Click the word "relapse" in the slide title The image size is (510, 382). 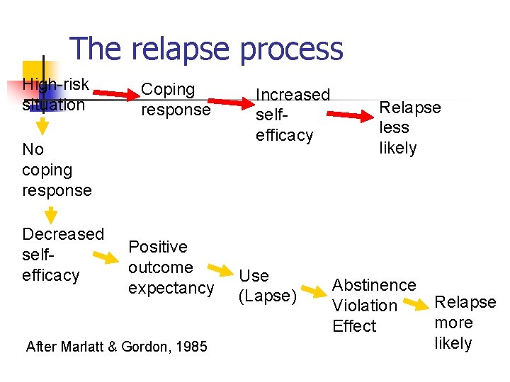pyautogui.click(x=181, y=49)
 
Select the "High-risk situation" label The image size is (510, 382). pyautogui.click(x=55, y=95)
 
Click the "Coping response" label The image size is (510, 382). pyautogui.click(x=175, y=100)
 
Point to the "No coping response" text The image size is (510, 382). pyautogui.click(x=57, y=170)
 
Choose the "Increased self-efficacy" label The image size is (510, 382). pyautogui.click(x=293, y=115)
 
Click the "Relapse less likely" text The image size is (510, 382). pyautogui.click(x=409, y=128)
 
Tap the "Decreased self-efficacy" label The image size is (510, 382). pyautogui.click(x=62, y=255)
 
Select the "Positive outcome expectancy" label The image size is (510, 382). pyautogui.click(x=170, y=267)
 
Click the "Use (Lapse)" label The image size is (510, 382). pyautogui.click(x=266, y=286)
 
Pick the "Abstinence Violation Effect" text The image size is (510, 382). pyautogui.click(x=373, y=306)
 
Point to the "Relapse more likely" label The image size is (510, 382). pyautogui.click(x=465, y=323)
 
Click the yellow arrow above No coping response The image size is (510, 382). pyautogui.click(x=42, y=125)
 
